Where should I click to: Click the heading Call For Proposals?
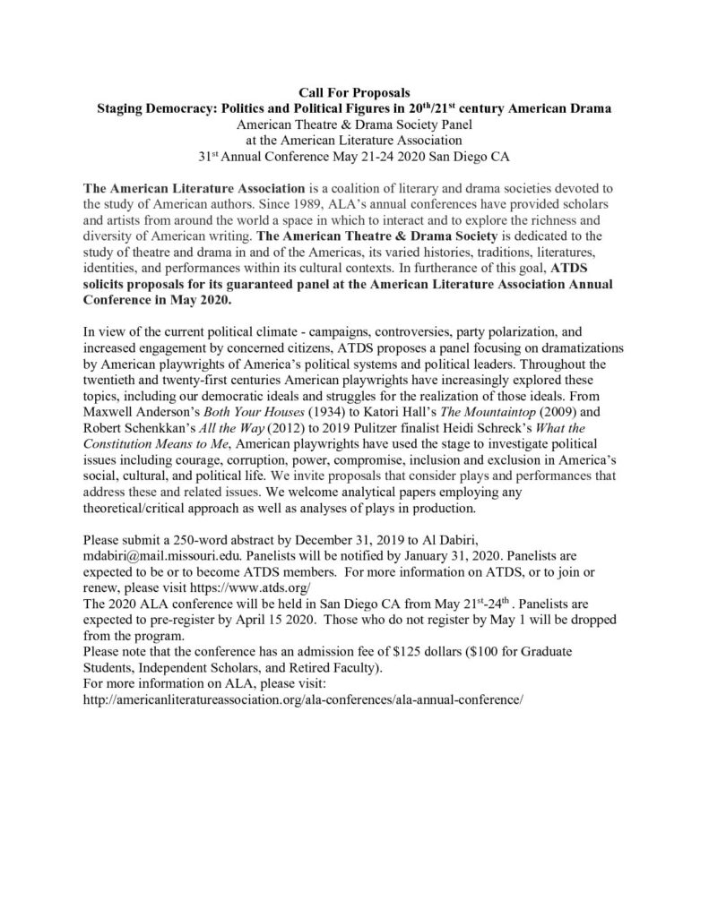(x=354, y=92)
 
